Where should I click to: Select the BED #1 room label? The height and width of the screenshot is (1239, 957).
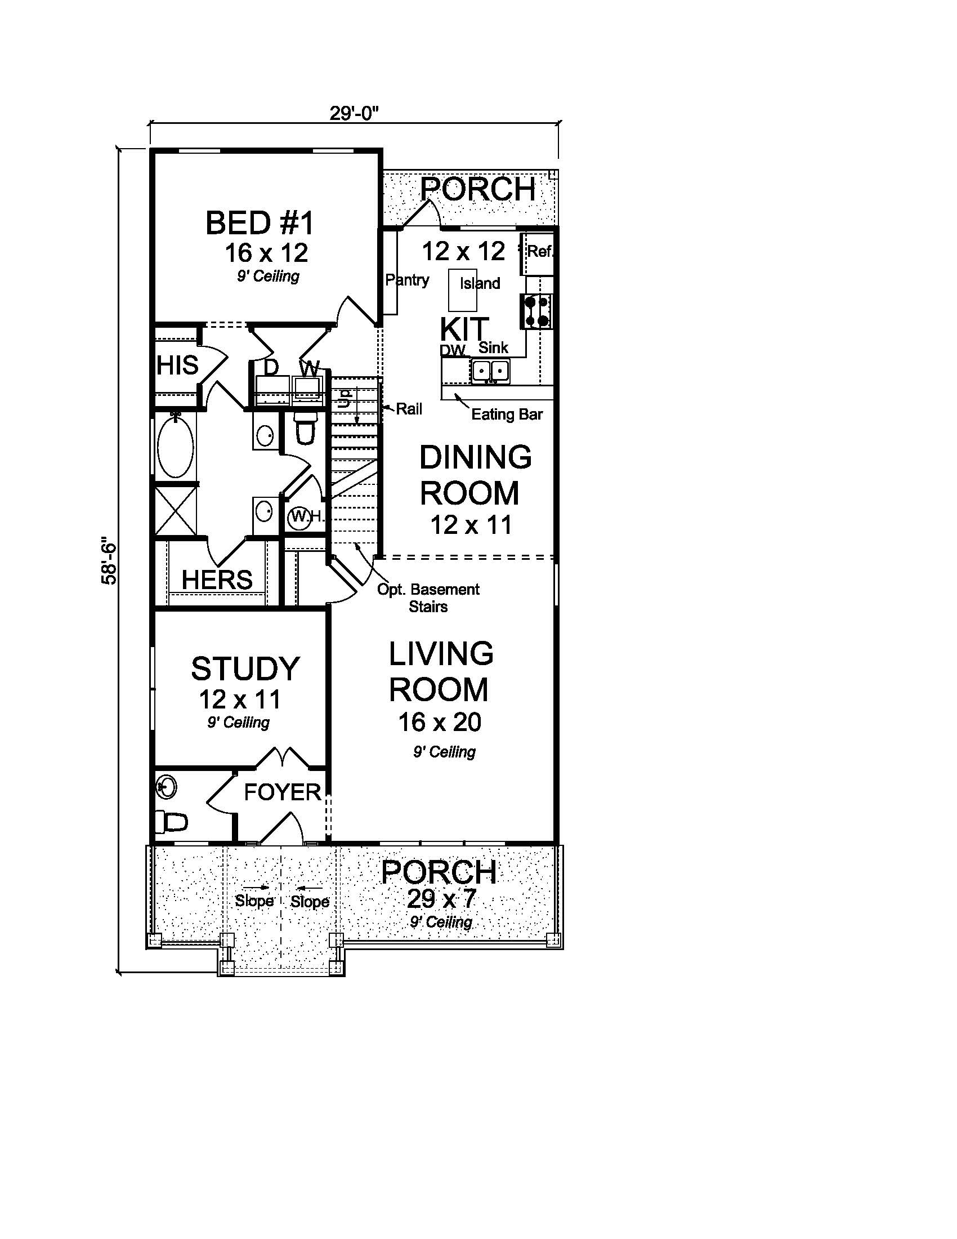260,222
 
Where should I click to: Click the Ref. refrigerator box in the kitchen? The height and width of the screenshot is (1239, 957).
539,252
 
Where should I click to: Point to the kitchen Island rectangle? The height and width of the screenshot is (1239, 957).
463,290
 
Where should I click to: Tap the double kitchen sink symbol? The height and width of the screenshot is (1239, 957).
490,371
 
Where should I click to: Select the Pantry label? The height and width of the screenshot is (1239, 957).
407,280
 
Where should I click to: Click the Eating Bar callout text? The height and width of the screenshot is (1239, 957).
507,415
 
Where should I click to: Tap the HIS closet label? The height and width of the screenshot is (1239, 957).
177,366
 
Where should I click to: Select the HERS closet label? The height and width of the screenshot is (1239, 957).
217,580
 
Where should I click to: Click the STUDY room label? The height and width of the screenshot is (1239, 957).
245,668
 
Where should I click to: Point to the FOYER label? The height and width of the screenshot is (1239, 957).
283,792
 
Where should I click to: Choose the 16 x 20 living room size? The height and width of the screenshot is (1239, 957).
440,722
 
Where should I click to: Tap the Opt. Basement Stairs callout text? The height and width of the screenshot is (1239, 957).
428,598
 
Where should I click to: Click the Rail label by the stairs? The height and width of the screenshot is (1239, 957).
409,408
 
